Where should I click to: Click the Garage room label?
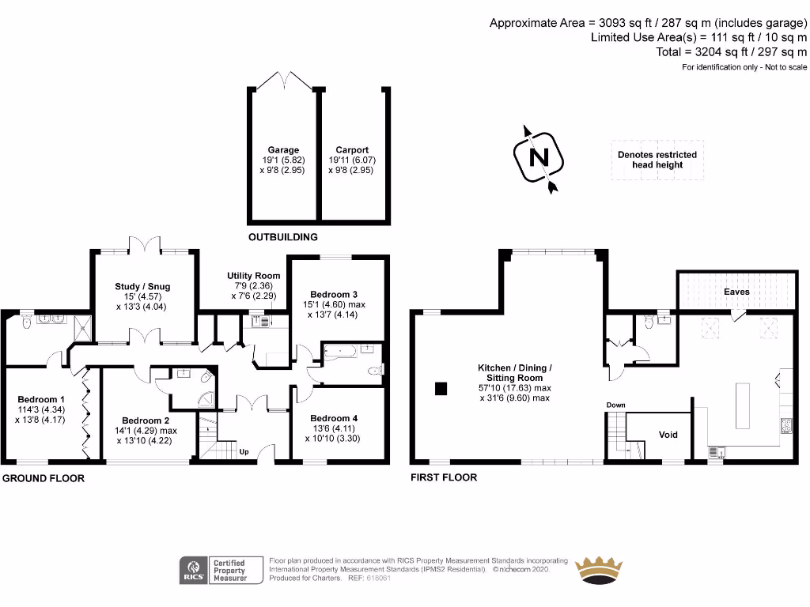coord(283,150)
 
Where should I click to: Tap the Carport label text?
coord(351,150)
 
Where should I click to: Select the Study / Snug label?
coord(142,286)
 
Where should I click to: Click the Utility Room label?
coord(253,276)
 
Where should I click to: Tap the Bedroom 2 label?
coord(146,420)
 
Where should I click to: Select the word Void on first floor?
coord(668,434)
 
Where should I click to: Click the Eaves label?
coord(736,292)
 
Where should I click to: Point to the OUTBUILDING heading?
coord(282,237)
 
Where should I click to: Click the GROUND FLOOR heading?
coord(43,478)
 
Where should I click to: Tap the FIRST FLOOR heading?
coord(444,477)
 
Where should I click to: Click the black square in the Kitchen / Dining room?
coord(441,387)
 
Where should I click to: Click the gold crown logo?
coord(598,568)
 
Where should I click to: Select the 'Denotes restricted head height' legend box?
coord(657,160)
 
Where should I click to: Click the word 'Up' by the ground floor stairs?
coord(244,453)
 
